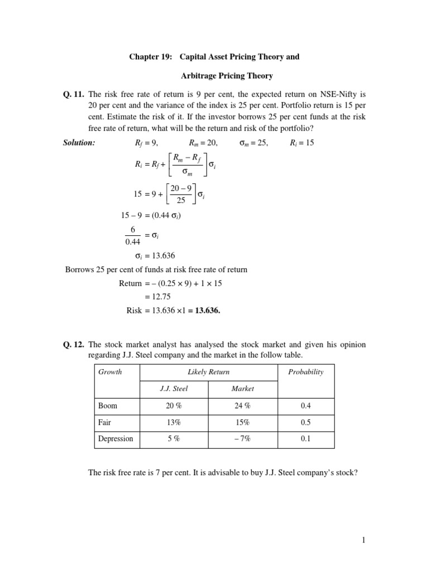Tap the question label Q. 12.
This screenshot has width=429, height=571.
[x=73, y=345]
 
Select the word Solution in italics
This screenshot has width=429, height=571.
[x=79, y=143]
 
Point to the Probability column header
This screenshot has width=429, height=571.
[x=306, y=372]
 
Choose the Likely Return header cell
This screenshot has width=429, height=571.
[x=208, y=372]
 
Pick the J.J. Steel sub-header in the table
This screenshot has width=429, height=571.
[x=173, y=389]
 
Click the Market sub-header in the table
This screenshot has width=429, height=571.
[x=242, y=389]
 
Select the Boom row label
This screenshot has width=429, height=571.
[x=108, y=406]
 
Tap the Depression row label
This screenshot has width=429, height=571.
[x=116, y=438]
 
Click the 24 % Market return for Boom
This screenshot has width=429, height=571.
[x=242, y=406]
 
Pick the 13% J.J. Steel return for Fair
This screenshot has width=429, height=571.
[x=173, y=422]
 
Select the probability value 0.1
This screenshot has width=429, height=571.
[x=306, y=438]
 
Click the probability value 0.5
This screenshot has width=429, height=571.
[x=306, y=422]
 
